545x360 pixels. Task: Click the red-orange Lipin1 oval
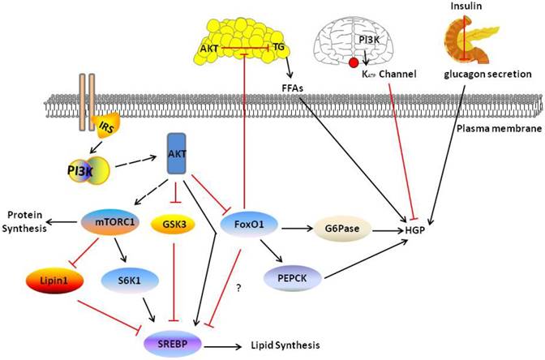tap(52, 279)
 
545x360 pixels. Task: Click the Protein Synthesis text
tap(26, 221)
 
